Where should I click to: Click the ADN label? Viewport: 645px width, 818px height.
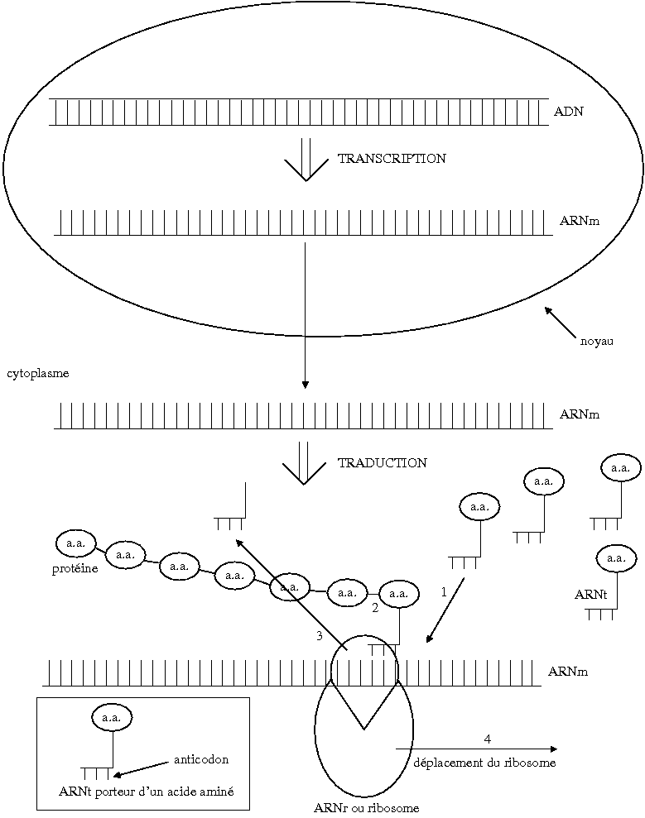[569, 111]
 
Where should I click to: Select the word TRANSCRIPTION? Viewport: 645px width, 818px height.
[392, 159]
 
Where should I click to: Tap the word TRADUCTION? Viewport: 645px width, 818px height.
[383, 463]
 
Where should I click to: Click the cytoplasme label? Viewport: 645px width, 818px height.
[38, 373]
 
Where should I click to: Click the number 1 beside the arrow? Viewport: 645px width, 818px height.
[444, 592]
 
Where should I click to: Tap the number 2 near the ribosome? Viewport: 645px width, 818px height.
[375, 608]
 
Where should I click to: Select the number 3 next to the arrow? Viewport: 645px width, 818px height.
[319, 636]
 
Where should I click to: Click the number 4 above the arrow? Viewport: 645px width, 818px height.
[488, 738]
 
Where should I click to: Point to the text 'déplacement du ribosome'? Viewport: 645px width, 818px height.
[484, 763]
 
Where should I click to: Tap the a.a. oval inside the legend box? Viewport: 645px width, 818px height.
[111, 718]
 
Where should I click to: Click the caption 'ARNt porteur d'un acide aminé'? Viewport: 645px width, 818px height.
[146, 792]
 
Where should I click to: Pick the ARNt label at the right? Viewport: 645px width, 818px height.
[591, 594]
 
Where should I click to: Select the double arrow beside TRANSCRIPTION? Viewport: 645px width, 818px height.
[307, 160]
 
